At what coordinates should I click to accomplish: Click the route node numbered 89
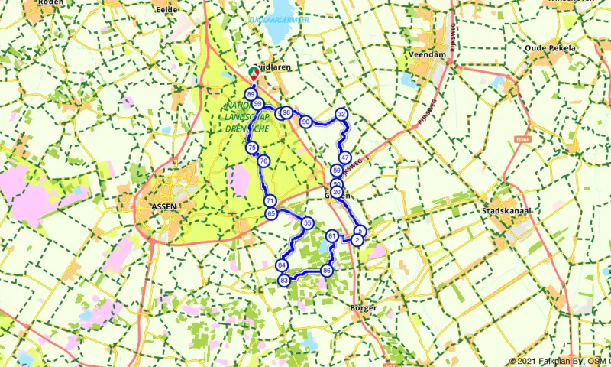(251, 95)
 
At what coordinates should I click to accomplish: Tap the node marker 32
(342, 115)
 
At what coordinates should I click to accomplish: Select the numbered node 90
(305, 122)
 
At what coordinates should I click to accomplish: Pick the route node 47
(345, 158)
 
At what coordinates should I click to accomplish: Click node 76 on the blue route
(263, 161)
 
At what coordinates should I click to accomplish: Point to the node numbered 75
(251, 148)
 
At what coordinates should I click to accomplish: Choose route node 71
(270, 201)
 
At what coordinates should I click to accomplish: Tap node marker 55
(307, 223)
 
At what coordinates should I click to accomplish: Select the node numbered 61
(331, 236)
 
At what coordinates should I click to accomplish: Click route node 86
(327, 271)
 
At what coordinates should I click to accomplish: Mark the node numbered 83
(284, 281)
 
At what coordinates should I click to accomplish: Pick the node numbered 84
(282, 265)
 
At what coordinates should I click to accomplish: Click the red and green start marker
(254, 73)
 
